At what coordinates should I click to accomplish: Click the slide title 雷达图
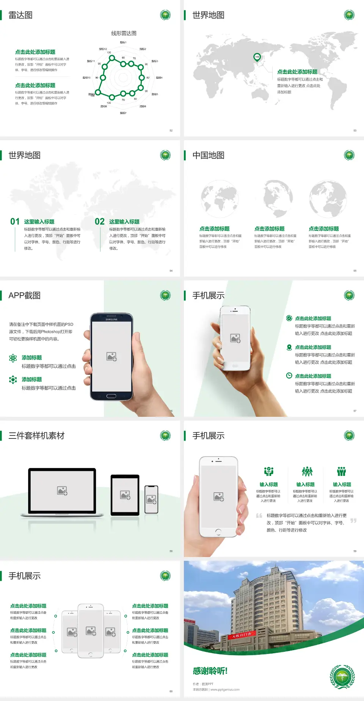tap(20, 15)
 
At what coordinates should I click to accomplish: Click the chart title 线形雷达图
tap(124, 33)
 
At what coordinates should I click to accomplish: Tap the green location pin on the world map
tap(257, 57)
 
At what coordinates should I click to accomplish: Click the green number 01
tap(15, 222)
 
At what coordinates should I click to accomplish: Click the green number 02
tap(100, 222)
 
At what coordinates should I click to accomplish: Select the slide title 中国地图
tap(208, 155)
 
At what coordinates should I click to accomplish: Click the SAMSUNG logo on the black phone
tap(111, 319)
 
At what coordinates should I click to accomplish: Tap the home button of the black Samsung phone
tap(111, 396)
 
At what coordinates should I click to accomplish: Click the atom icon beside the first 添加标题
tap(13, 358)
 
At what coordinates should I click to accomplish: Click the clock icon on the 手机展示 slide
tap(289, 376)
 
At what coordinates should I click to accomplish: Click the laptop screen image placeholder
tap(62, 491)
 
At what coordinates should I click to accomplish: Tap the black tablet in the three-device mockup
tap(125, 495)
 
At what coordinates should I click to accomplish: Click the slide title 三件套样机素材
tap(36, 436)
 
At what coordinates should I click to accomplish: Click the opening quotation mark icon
tap(259, 516)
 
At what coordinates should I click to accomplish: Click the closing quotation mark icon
tap(353, 521)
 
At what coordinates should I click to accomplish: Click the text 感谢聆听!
tap(210, 671)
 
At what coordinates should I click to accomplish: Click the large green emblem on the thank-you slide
tap(342, 677)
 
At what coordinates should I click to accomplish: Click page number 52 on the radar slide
tap(171, 130)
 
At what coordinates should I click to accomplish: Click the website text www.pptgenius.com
tap(225, 690)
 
